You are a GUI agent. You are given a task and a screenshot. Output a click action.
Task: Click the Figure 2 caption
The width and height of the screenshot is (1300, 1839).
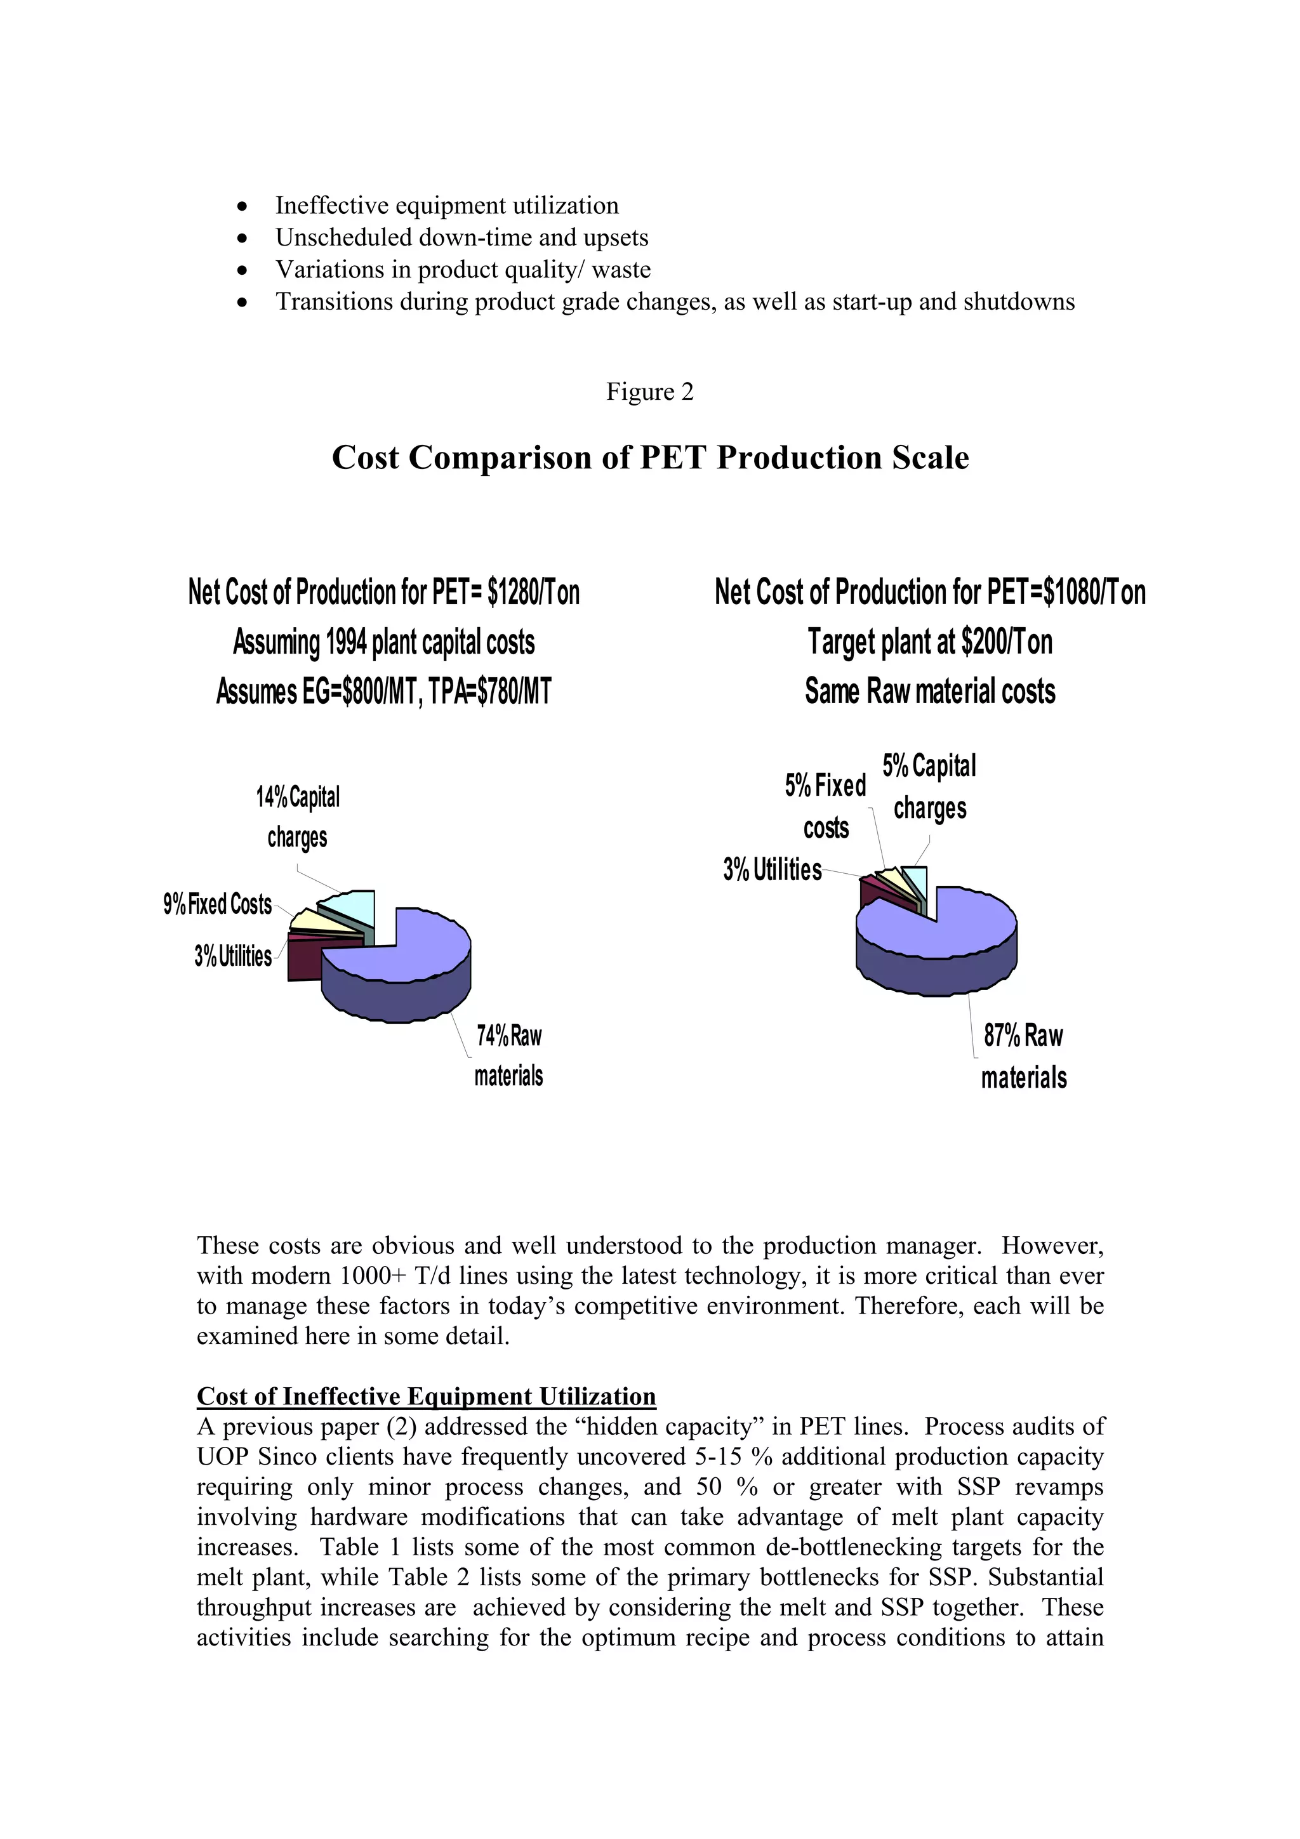point(649,392)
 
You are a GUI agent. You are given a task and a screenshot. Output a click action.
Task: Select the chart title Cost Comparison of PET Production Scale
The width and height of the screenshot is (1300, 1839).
point(649,458)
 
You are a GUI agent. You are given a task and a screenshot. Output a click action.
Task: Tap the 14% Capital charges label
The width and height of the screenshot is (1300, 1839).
point(297,817)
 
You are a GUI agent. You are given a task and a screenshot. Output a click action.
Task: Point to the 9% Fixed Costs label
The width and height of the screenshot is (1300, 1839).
point(217,904)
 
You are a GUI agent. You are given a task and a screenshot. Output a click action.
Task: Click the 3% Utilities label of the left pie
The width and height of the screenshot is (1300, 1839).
point(232,956)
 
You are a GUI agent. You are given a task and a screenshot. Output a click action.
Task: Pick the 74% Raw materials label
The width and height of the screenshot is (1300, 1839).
point(508,1055)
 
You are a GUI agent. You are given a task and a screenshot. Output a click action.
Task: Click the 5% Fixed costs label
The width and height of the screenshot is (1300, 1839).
point(825,806)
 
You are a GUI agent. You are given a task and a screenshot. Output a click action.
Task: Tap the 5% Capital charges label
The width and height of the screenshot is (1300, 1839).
point(929,786)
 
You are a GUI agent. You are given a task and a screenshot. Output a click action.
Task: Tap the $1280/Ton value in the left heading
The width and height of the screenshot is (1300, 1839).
point(533,593)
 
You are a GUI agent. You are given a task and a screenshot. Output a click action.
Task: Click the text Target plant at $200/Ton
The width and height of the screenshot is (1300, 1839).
point(929,642)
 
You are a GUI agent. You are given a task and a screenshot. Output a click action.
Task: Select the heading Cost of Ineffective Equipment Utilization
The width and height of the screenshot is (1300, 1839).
point(426,1396)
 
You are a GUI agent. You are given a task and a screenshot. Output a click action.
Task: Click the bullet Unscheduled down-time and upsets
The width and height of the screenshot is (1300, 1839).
point(461,238)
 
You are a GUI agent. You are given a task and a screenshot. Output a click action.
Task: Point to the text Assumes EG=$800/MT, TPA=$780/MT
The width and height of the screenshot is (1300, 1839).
point(383,691)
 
